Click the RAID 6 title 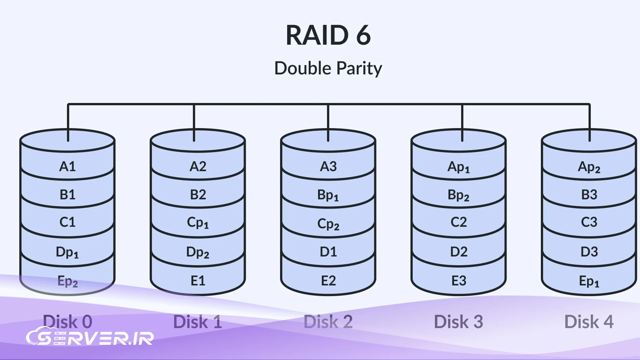pos(328,35)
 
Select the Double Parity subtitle pos(328,68)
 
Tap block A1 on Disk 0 pos(67,166)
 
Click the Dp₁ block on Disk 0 pos(67,252)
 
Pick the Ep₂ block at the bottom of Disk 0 pos(67,281)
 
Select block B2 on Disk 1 pos(198,195)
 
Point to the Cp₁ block pos(198,223)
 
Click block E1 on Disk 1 pos(198,281)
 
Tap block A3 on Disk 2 pos(328,166)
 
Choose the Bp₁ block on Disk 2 pos(328,195)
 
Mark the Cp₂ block pos(328,224)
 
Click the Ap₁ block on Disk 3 pos(458,167)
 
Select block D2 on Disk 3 pos(458,252)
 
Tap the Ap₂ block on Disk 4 pos(589,167)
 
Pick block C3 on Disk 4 pos(589,222)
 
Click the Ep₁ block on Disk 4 pos(589,281)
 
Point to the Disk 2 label pos(328,321)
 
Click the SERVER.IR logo pos(90,337)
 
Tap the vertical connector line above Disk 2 pos(328,122)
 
